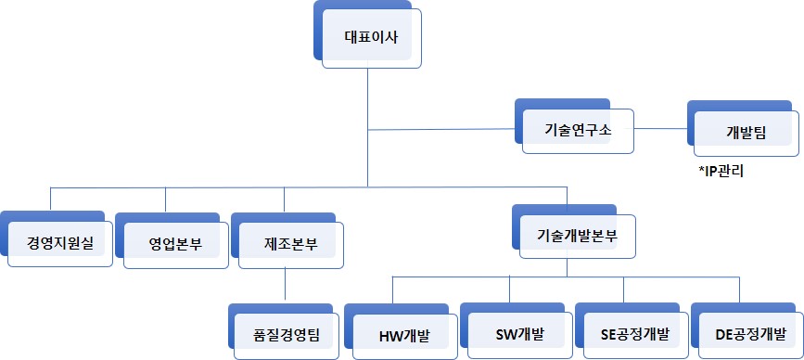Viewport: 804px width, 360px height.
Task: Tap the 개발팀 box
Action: (x=747, y=131)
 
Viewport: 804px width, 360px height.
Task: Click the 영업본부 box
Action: (x=175, y=244)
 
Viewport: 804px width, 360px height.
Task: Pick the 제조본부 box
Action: (x=290, y=244)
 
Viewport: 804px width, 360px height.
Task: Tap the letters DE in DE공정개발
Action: (x=725, y=333)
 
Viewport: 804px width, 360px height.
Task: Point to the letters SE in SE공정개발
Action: (x=609, y=333)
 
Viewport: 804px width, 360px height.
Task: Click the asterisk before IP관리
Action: (x=701, y=169)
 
